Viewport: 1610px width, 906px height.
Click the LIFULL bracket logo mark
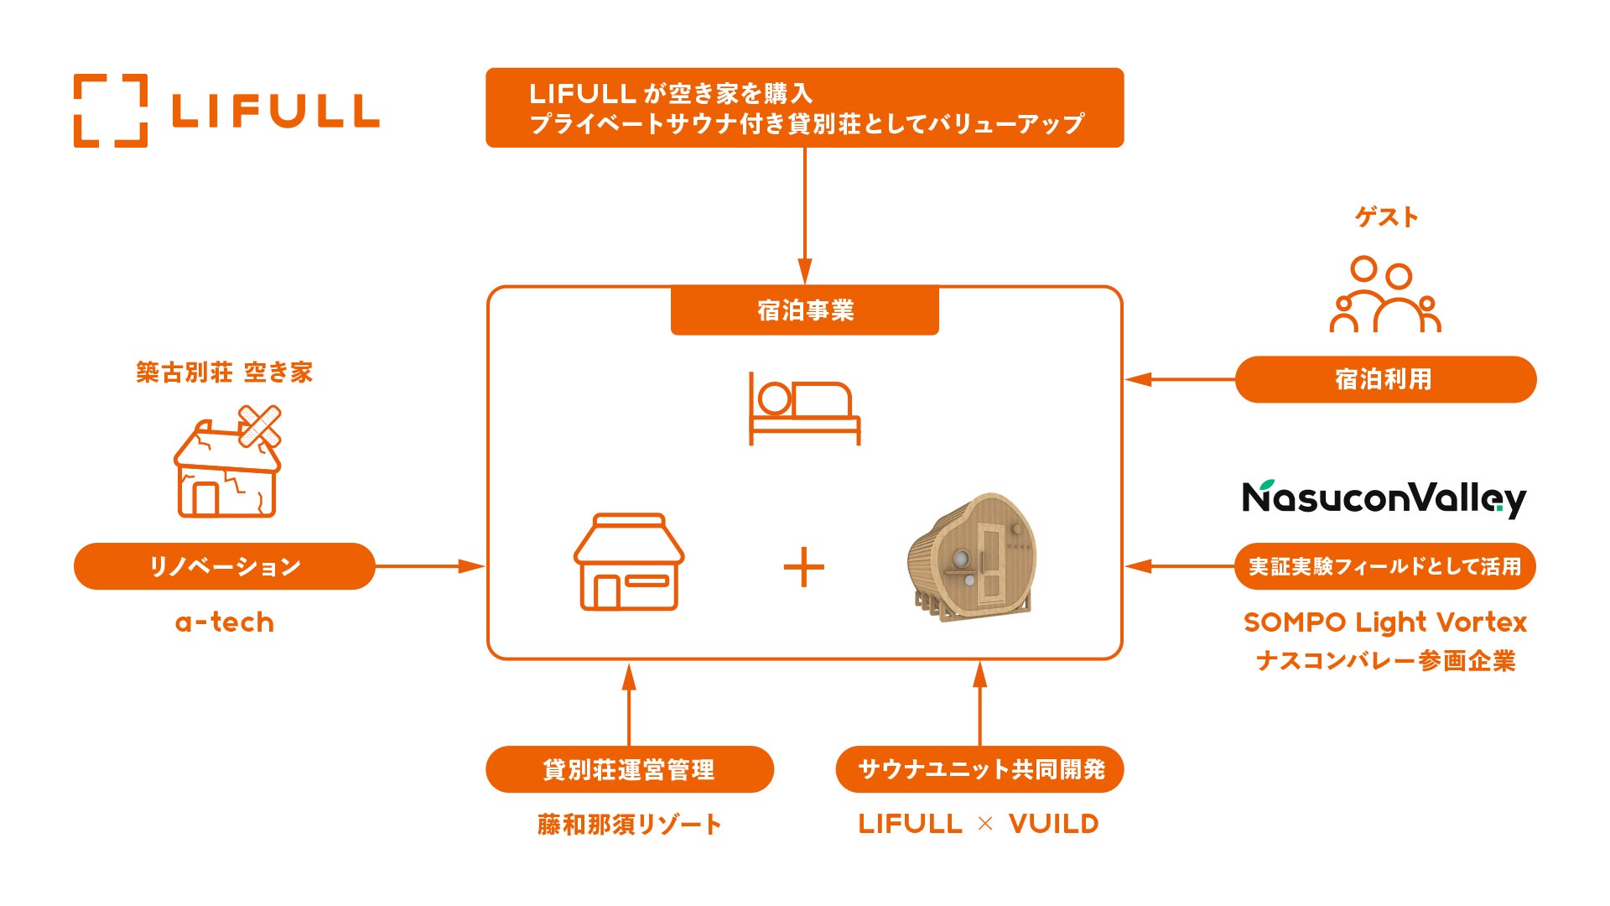click(x=111, y=111)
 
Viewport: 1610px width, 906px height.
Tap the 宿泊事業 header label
click(x=805, y=310)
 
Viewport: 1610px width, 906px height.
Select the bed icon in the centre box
click(x=804, y=409)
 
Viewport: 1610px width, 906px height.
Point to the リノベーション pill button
click(x=225, y=566)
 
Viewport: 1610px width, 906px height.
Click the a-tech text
click(x=225, y=622)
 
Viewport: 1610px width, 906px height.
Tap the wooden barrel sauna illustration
click(x=973, y=557)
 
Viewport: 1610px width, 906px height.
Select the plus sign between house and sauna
click(x=803, y=567)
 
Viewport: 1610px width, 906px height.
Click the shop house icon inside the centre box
click(x=629, y=561)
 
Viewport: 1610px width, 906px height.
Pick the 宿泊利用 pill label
click(x=1385, y=379)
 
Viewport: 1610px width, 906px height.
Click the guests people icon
click(x=1385, y=294)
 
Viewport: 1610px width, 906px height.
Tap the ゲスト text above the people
click(x=1386, y=217)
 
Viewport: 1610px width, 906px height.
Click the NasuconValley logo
click(x=1384, y=498)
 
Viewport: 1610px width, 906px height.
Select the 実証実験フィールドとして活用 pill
click(x=1385, y=566)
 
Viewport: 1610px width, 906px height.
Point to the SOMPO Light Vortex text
click(x=1385, y=622)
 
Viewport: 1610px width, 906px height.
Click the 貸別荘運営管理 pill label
click(x=629, y=769)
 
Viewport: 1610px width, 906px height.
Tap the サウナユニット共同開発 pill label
click(x=980, y=769)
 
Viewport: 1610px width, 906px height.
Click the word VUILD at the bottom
click(x=1053, y=824)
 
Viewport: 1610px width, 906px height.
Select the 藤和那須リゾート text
click(x=629, y=825)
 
